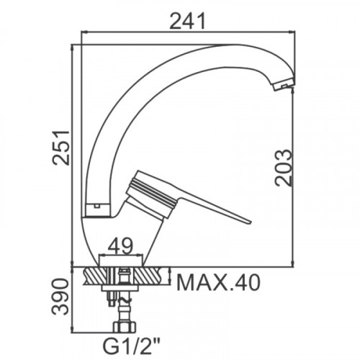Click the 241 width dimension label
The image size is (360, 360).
[187, 21]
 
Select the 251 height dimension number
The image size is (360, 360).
[61, 148]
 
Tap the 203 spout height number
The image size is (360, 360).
[284, 168]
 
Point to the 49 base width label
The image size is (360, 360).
[120, 246]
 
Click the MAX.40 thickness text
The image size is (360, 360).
[218, 283]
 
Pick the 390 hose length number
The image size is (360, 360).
[60, 297]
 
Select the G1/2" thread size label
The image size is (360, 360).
[128, 346]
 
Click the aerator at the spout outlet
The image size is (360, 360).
[284, 85]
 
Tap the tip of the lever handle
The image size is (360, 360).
[250, 222]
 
